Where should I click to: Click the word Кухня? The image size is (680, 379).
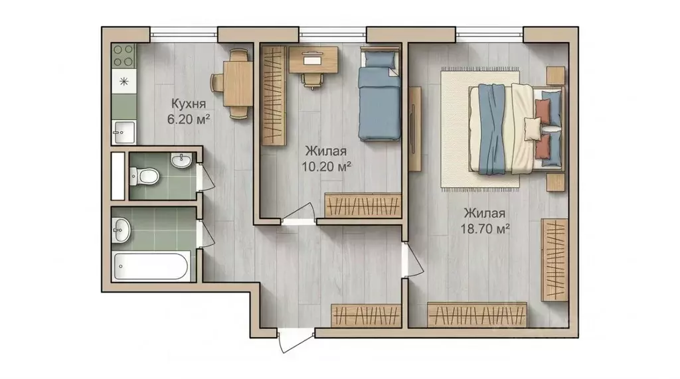click(188, 104)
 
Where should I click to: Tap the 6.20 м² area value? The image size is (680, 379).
click(189, 119)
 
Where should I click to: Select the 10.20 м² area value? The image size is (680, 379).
click(326, 167)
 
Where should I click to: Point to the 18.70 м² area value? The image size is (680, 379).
click(485, 228)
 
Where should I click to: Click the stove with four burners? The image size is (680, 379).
click(124, 56)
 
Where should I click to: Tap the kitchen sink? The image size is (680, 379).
click(124, 131)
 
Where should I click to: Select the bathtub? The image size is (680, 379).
click(151, 266)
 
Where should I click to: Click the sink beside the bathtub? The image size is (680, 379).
click(122, 230)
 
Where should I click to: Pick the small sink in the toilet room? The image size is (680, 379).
click(181, 161)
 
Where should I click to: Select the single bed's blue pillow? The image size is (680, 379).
click(381, 58)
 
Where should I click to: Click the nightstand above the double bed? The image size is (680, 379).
click(555, 76)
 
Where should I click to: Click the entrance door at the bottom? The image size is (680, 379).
click(296, 340)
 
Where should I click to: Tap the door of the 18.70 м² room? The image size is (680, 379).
click(413, 260)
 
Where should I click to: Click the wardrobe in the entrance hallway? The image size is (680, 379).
click(366, 316)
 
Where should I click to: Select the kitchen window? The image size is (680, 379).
click(184, 33)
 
